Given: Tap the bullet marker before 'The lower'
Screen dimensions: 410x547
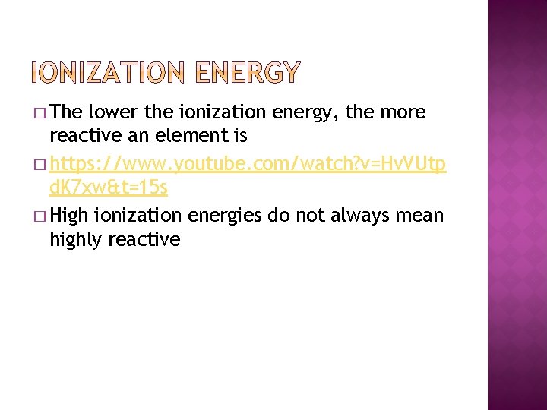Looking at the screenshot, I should pos(40,113).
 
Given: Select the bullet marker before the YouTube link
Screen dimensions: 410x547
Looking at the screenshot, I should pos(40,165).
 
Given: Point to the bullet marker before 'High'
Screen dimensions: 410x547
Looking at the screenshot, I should pos(40,216).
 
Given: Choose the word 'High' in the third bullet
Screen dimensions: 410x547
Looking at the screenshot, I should pos(70,216).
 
